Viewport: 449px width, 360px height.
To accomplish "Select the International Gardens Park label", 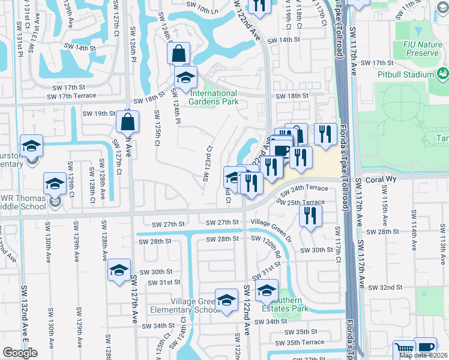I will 213,97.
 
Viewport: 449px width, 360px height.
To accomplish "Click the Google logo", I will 20,353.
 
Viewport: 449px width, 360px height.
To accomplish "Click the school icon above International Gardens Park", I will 186,78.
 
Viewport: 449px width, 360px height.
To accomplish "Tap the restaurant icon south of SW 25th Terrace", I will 310,215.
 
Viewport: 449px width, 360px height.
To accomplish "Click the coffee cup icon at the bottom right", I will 425,348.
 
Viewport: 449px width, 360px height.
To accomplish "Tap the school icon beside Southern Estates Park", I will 267,292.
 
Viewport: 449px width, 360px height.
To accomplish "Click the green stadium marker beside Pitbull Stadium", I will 443,74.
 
